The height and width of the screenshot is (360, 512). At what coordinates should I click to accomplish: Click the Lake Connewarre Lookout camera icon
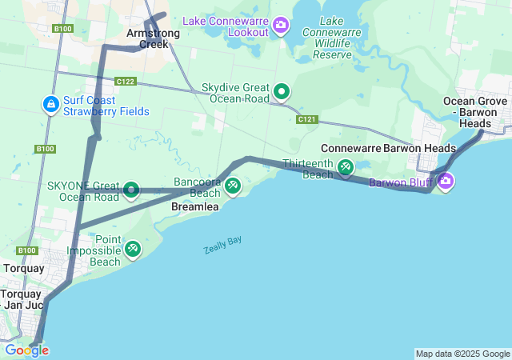pyautogui.click(x=281, y=25)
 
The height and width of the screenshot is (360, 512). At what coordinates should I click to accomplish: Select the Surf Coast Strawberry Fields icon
pyautogui.click(x=50, y=104)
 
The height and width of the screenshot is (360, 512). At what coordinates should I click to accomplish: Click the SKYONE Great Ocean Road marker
pyautogui.click(x=131, y=190)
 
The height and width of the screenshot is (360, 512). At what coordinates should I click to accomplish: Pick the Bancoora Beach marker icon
pyautogui.click(x=232, y=186)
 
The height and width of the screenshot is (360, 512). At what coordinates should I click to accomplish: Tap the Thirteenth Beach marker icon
pyautogui.click(x=345, y=167)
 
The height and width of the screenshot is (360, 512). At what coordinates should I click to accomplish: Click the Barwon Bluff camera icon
pyautogui.click(x=446, y=182)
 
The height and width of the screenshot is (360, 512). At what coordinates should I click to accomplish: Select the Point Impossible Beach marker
pyautogui.click(x=133, y=250)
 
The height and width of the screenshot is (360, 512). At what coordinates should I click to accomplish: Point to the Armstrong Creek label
pyautogui.click(x=148, y=38)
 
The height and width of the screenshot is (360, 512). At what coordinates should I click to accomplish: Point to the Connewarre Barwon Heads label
pyautogui.click(x=388, y=148)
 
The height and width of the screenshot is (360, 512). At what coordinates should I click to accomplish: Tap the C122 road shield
pyautogui.click(x=125, y=82)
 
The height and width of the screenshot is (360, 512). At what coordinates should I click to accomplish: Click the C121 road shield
pyautogui.click(x=306, y=119)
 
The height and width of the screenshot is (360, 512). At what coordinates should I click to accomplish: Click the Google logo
pyautogui.click(x=26, y=350)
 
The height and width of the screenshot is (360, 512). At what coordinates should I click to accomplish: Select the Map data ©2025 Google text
pyautogui.click(x=462, y=354)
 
